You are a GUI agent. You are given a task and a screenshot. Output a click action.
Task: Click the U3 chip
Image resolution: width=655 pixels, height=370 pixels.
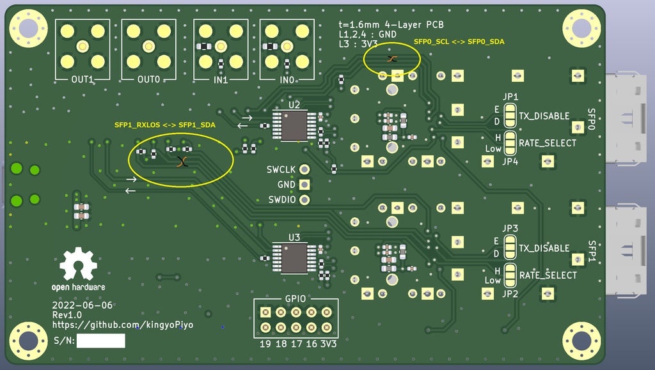pyautogui.click(x=294, y=258)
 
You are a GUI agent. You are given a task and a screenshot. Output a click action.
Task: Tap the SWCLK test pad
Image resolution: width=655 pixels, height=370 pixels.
pyautogui.click(x=305, y=169)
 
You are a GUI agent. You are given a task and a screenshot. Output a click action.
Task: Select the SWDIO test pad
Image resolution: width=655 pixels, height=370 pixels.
pyautogui.click(x=305, y=199)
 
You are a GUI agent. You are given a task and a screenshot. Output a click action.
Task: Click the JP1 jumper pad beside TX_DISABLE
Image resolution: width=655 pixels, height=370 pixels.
pyautogui.click(x=510, y=116)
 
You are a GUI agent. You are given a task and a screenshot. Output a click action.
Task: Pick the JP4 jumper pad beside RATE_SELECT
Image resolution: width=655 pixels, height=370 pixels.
pyautogui.click(x=510, y=143)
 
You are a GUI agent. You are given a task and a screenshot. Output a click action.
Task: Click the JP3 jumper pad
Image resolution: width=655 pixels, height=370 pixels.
pyautogui.click(x=510, y=248)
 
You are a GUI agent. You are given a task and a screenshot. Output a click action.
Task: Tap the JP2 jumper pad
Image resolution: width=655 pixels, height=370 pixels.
pyautogui.click(x=510, y=275)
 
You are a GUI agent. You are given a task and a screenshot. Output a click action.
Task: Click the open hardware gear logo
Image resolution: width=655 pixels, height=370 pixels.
pyautogui.click(x=78, y=266)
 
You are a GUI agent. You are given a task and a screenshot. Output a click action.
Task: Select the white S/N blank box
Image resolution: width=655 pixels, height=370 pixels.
pyautogui.click(x=100, y=341)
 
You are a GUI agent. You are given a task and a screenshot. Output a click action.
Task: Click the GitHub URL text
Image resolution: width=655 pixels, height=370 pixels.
pyautogui.click(x=123, y=325)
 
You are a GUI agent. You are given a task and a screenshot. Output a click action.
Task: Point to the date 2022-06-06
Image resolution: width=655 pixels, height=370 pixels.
pyautogui.click(x=83, y=305)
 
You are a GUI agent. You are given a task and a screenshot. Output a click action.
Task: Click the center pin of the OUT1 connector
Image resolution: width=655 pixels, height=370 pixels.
pyautogui.click(x=83, y=46)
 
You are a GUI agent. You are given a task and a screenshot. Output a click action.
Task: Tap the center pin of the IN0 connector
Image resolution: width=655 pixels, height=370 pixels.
pyautogui.click(x=287, y=46)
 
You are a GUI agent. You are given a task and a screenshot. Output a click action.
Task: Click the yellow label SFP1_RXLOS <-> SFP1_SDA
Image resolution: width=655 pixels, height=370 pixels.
pyautogui.click(x=164, y=125)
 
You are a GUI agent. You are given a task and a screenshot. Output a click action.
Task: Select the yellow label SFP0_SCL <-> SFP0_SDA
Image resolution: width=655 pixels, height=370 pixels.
pyautogui.click(x=459, y=42)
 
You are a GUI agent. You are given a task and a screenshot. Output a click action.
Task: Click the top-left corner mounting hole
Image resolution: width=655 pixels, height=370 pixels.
pyautogui.click(x=28, y=27)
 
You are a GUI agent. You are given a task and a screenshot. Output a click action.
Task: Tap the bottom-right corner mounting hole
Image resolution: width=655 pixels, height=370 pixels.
pyautogui.click(x=581, y=341)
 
